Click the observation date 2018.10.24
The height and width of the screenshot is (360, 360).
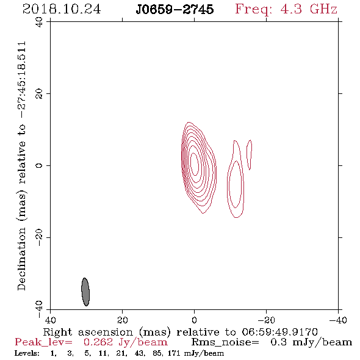pos(62,9)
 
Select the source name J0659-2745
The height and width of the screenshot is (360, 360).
pos(175,9)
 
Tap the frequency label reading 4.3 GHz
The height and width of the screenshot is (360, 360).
pos(309,9)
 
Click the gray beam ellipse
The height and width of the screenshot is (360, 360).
pos(85,292)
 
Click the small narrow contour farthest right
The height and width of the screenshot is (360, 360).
pos(249,154)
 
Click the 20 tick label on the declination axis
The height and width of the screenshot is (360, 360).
pos(39,94)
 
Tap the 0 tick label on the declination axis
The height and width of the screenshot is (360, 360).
pos(39,165)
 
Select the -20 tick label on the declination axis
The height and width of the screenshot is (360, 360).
pos(39,237)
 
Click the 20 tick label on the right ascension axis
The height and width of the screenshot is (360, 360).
pos(123,320)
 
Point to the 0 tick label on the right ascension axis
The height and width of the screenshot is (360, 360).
pos(194,320)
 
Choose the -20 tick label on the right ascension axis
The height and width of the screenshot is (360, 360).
pos(266,320)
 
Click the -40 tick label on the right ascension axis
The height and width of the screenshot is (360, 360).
pos(338,320)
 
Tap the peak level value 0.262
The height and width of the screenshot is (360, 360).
pos(98,342)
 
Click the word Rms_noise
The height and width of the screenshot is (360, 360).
pos(225,342)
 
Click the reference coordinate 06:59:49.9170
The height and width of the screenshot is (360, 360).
pos(279,332)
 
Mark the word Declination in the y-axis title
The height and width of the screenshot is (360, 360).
pos(21,259)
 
